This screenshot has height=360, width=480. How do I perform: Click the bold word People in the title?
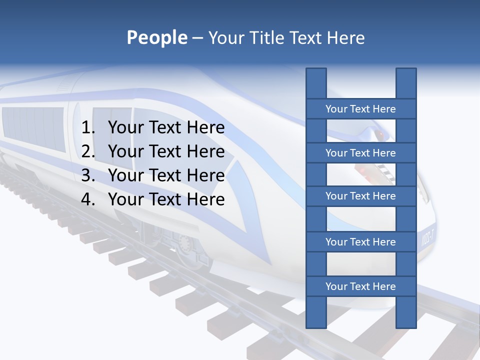point(156,37)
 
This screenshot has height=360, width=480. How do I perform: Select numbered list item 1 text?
point(166,128)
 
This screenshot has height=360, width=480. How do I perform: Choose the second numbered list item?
point(166,151)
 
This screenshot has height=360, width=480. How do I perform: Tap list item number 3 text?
point(166,175)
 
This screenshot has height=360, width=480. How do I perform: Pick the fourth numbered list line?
point(166,199)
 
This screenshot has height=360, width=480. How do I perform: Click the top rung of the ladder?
point(360,109)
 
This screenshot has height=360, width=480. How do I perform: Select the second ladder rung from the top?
point(360,153)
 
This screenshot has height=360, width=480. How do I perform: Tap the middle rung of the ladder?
point(360,196)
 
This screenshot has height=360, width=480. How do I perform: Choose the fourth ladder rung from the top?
point(360,242)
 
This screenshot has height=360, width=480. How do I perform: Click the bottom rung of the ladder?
point(360,286)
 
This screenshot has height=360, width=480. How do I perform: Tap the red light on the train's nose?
point(380,135)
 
